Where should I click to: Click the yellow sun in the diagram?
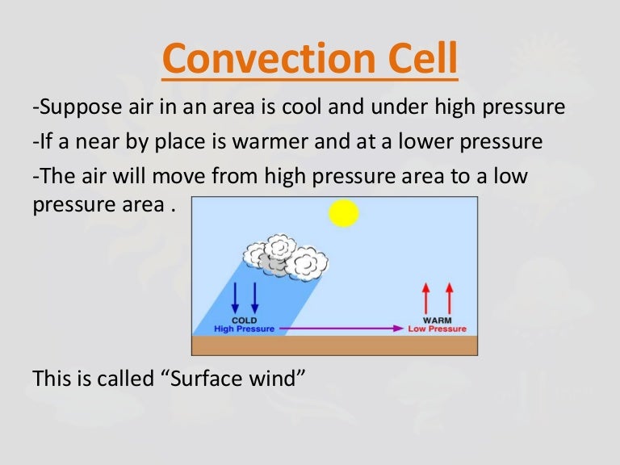pyautogui.click(x=344, y=213)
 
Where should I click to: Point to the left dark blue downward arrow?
pyautogui.click(x=235, y=298)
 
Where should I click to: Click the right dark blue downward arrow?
pyautogui.click(x=255, y=298)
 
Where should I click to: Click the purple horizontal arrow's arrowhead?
pyautogui.click(x=397, y=329)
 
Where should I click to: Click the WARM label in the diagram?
pyautogui.click(x=438, y=320)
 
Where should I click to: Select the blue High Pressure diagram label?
pyautogui.click(x=245, y=329)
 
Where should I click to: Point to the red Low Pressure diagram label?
pyautogui.click(x=437, y=329)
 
